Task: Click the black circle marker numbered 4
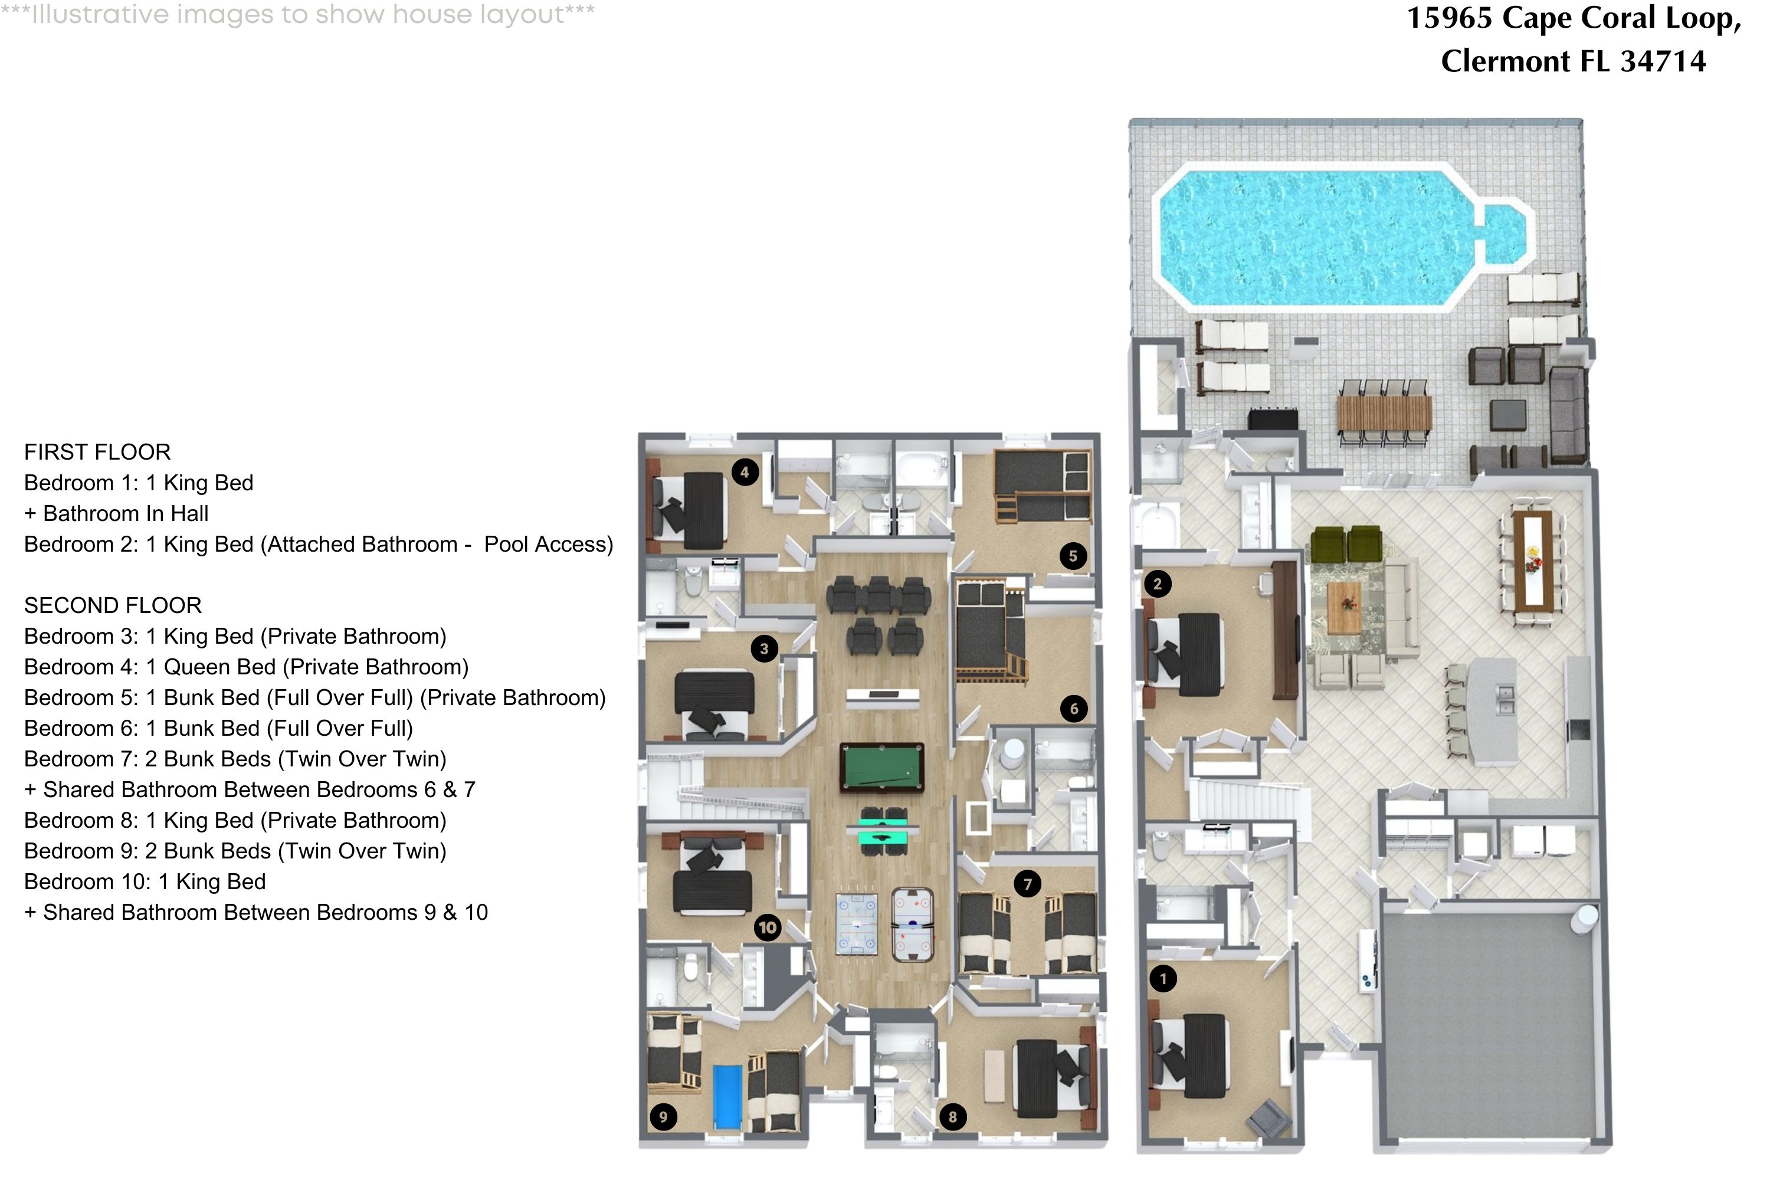[744, 473]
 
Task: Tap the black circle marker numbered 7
[1027, 883]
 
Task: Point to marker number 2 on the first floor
[1158, 584]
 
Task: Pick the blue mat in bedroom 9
[727, 1096]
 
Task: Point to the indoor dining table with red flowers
[1533, 560]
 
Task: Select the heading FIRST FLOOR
[97, 453]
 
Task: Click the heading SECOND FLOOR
[113, 606]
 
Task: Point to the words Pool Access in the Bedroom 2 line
[548, 544]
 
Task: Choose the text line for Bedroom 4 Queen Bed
[246, 667]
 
